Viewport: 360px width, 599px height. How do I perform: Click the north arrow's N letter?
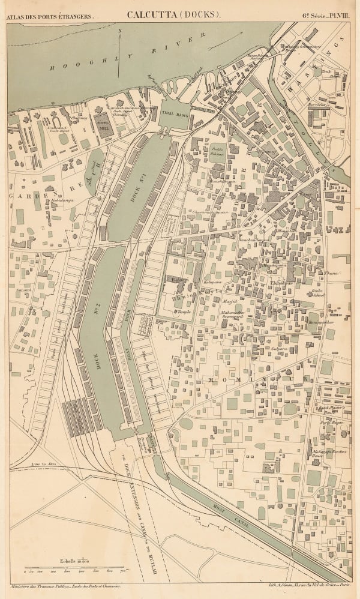[x=120, y=29]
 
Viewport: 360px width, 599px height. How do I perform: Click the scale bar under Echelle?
[x=73, y=567]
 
